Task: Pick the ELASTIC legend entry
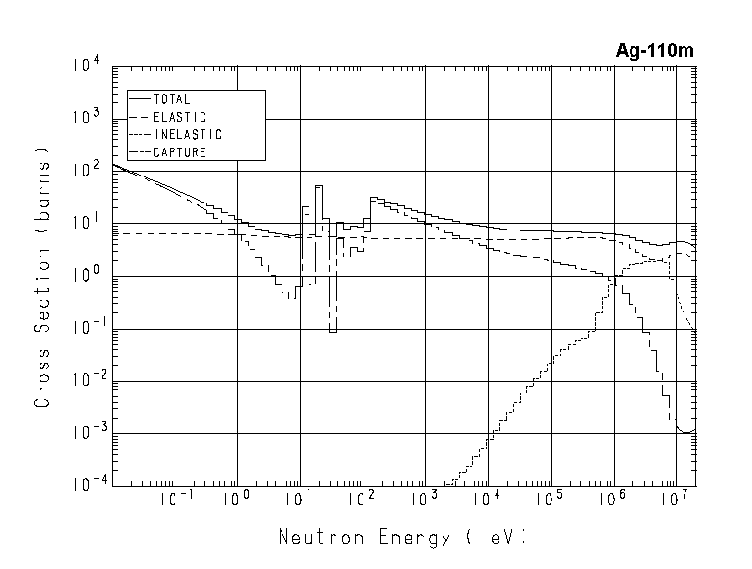pos(179,117)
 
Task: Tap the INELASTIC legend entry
pos(187,134)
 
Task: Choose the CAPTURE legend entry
pos(179,152)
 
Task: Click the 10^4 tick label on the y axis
pos(86,66)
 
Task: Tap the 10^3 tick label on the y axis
pos(86,119)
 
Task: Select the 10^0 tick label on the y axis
pos(86,276)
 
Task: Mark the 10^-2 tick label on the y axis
pos(84,381)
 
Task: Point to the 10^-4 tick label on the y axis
pos(84,485)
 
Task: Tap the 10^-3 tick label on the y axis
pos(84,433)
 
